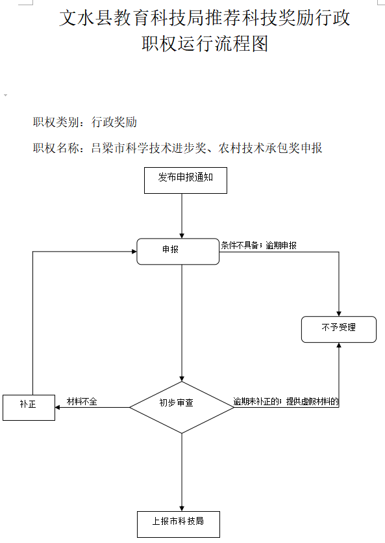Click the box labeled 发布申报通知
coord(185,180)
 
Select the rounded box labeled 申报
coord(178,251)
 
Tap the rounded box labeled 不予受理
coord(339,329)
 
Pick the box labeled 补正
coord(29,407)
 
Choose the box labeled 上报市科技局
coord(178,523)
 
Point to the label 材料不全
coord(82,402)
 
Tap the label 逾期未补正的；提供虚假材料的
coord(286,402)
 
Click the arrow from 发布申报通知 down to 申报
coord(182,215)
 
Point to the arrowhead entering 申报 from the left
coord(132,252)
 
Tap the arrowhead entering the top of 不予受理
coord(339,311)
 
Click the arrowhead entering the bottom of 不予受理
coord(339,346)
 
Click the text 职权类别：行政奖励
coord(85,122)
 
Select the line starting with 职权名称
coord(178,148)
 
